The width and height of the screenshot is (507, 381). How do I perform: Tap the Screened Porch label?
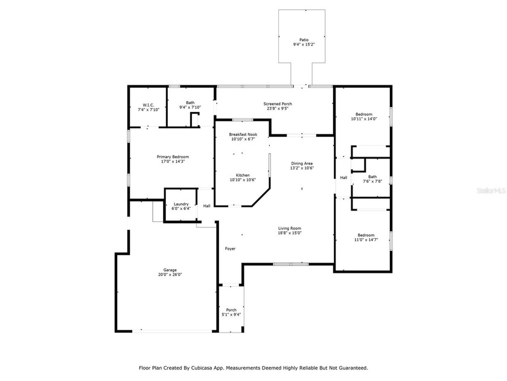277,103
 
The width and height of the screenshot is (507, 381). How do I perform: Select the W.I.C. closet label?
148,105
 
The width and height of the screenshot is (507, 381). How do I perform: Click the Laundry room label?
181,204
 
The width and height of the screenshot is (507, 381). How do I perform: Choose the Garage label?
170,270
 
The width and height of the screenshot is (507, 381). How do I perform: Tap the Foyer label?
231,249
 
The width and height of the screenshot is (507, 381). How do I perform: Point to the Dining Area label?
302,163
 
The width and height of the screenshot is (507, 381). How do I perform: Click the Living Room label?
290,228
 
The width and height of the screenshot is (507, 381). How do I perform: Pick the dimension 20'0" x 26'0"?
170,275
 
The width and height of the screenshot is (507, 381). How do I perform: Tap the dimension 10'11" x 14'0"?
364,119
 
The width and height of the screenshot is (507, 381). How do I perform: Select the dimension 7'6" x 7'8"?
372,181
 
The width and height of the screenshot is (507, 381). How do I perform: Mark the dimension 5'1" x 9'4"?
231,314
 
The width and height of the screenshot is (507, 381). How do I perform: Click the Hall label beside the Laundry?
206,206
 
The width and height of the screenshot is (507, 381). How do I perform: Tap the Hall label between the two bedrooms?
343,178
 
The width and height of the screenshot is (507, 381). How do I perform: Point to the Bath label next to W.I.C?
190,103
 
